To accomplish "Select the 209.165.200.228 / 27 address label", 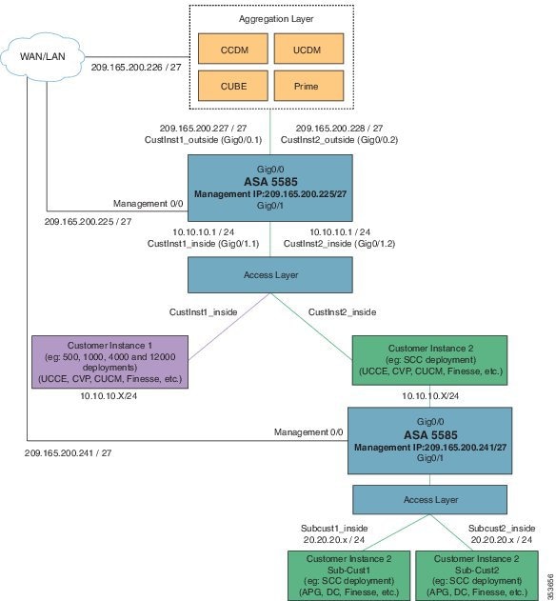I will click(340, 128).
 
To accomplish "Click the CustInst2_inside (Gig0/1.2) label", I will click(352, 244).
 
